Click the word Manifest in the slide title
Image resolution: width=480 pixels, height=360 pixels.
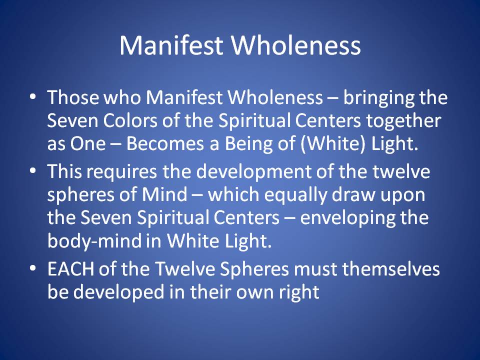(x=171, y=45)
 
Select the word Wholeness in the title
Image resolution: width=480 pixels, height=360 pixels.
(x=295, y=45)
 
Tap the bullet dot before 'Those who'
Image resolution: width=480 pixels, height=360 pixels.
(x=33, y=96)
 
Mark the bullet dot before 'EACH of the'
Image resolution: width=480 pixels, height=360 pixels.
(x=33, y=268)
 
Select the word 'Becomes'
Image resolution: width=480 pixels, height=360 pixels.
(x=165, y=143)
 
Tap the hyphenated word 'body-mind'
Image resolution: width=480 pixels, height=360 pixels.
(x=94, y=241)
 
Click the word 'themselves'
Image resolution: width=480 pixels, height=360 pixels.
(x=391, y=268)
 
